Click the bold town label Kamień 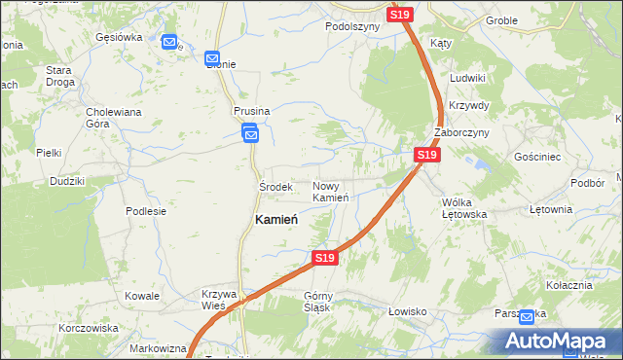[275, 220]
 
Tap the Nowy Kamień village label [331, 192]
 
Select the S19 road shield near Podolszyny [401, 15]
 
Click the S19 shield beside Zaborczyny [426, 155]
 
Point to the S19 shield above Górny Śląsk [325, 258]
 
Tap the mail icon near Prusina [250, 135]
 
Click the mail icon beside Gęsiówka [170, 43]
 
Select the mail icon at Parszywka [527, 316]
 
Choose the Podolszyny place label [352, 27]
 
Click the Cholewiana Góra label [114, 118]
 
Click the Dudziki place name [67, 181]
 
